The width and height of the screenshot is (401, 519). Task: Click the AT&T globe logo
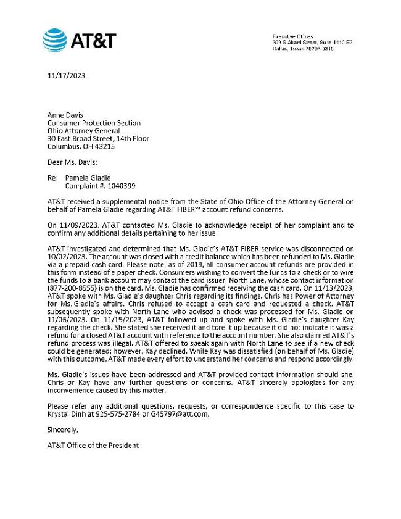pos(55,41)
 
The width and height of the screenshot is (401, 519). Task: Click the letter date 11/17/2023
pos(66,77)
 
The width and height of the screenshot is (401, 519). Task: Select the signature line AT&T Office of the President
pos(93,446)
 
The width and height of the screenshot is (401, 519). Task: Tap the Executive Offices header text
pos(292,36)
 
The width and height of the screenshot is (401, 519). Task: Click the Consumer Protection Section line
pos(94,123)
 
